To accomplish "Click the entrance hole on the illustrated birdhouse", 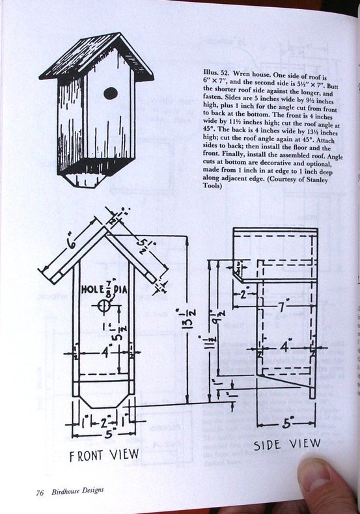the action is coord(111,94).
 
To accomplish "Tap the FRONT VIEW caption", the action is coord(104,455).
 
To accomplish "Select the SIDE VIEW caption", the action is coord(287,444).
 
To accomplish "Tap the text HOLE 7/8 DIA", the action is coord(104,290).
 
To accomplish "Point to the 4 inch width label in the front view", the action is coord(105,353).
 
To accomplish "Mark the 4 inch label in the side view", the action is coord(284,347).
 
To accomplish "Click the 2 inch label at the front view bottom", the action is coord(104,422).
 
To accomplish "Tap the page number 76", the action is coord(40,493).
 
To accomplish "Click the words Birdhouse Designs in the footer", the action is coord(77,492).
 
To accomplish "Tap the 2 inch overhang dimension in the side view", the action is coord(243,294).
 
